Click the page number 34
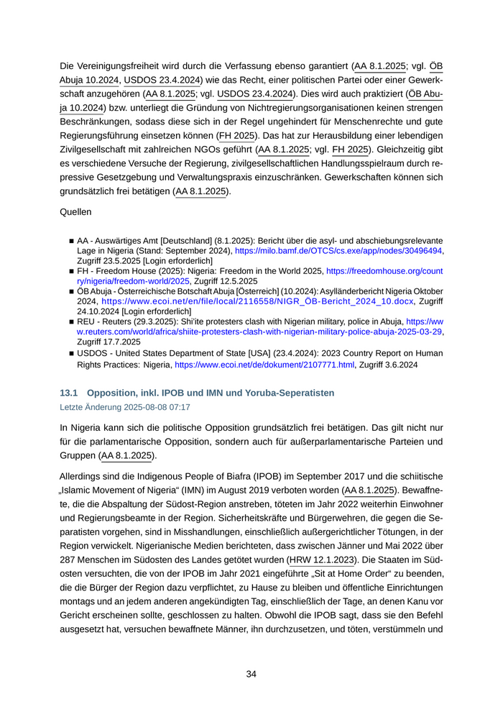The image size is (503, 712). coord(251,674)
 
